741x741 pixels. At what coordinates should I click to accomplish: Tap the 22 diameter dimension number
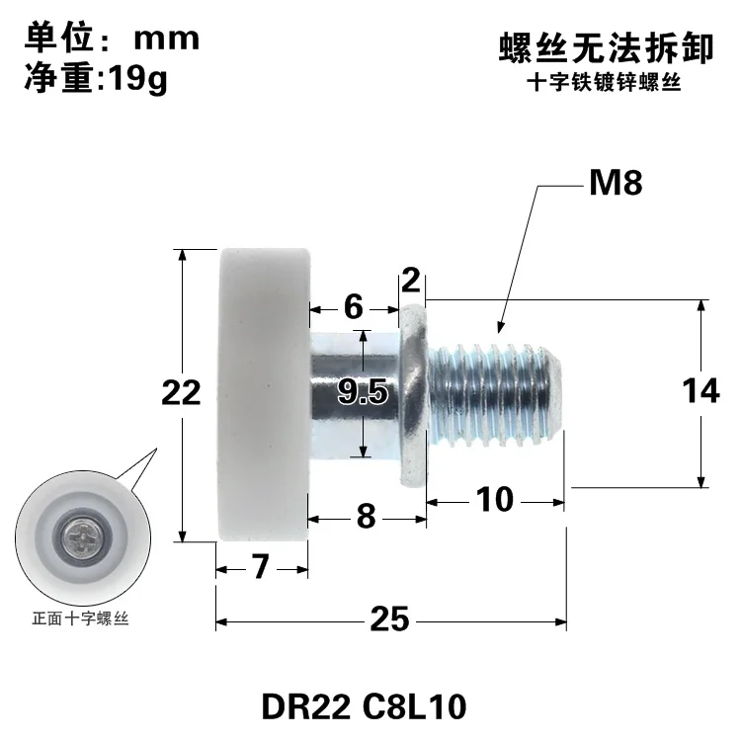[181, 393]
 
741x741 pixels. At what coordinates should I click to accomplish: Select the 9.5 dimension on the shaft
[362, 393]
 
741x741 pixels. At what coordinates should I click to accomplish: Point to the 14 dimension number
[700, 392]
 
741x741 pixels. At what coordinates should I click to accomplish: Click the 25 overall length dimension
[390, 620]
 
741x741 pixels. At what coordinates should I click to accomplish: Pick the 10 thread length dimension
[494, 500]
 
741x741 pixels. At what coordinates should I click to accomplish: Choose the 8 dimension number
[366, 516]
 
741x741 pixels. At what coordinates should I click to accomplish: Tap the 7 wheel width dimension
[261, 567]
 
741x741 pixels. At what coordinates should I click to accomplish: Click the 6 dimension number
[353, 307]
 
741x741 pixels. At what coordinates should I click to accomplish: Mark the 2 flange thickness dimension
[412, 284]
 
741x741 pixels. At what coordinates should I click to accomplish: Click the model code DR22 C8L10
[364, 707]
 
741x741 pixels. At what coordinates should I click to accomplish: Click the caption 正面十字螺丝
[81, 620]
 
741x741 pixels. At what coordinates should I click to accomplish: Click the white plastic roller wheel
[263, 393]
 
